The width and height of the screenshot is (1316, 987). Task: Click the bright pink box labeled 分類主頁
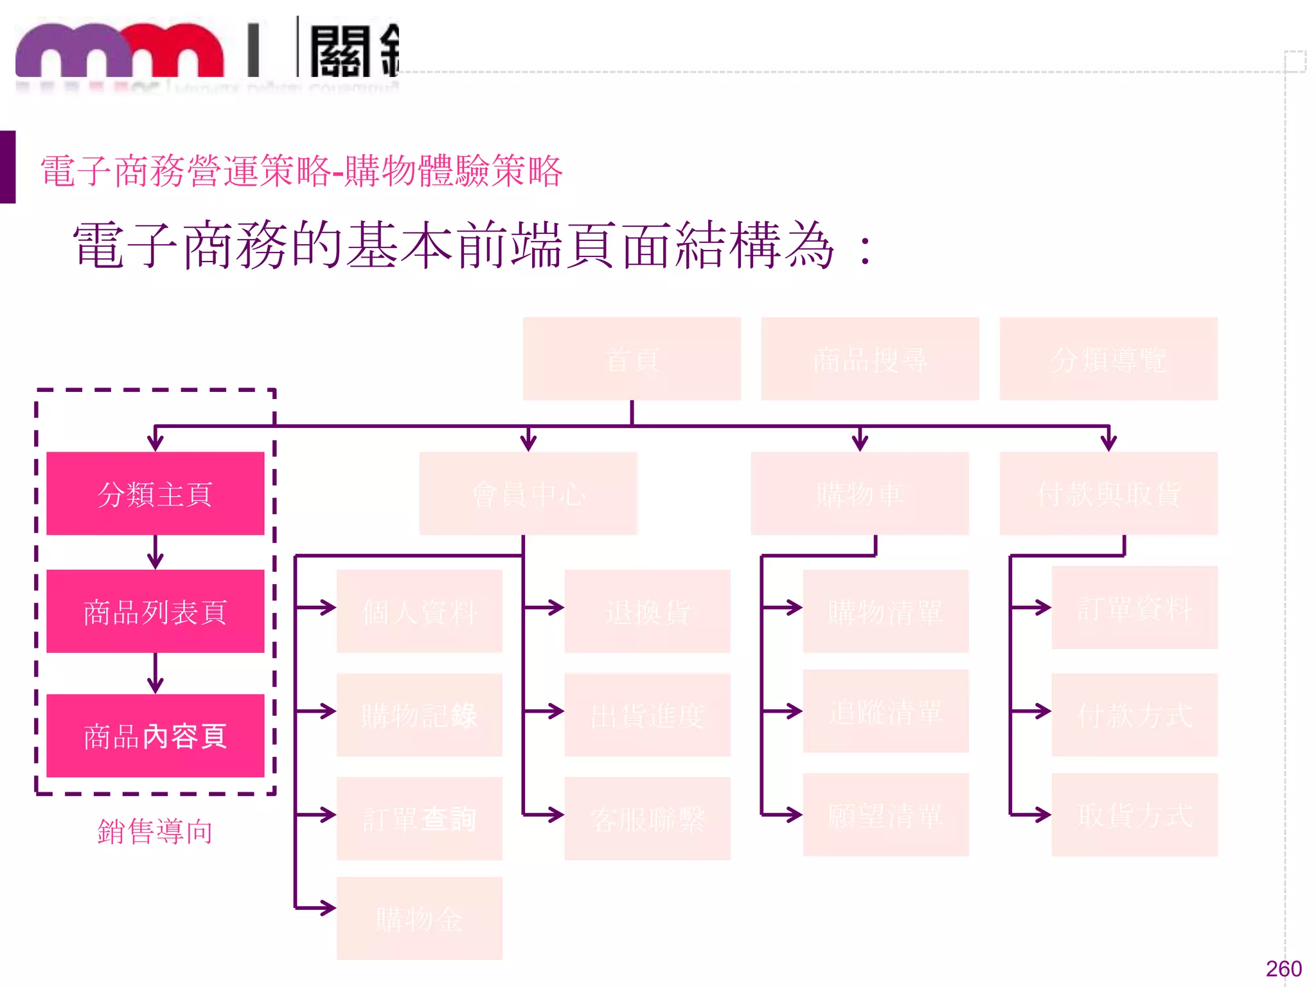[x=155, y=493]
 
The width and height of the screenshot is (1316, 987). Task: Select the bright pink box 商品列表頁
[x=155, y=611]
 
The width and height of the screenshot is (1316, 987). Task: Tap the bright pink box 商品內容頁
[x=155, y=736]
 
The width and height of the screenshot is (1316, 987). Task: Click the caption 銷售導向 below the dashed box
[x=155, y=831]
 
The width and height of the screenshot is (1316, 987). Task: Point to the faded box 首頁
[x=632, y=359]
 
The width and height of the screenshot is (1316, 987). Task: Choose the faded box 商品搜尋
[x=870, y=359]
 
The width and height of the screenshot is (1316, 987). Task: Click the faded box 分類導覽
[x=1108, y=359]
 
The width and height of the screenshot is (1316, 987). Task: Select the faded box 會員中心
[x=528, y=493]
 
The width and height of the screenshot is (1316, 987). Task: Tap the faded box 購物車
[x=860, y=493]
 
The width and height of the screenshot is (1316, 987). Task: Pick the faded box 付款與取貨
[x=1108, y=493]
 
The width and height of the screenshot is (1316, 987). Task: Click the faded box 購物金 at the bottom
[x=419, y=918]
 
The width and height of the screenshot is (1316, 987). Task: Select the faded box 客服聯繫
[x=647, y=819]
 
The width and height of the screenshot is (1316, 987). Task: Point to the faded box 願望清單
[x=885, y=815]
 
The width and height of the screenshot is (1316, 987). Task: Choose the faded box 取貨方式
[x=1134, y=815]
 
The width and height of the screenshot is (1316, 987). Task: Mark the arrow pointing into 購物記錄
[x=316, y=711]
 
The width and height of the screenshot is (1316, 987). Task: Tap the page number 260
[x=1283, y=968]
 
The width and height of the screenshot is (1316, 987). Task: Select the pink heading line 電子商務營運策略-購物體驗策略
[x=301, y=172]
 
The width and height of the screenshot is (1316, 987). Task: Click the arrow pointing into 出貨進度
[x=544, y=711]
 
